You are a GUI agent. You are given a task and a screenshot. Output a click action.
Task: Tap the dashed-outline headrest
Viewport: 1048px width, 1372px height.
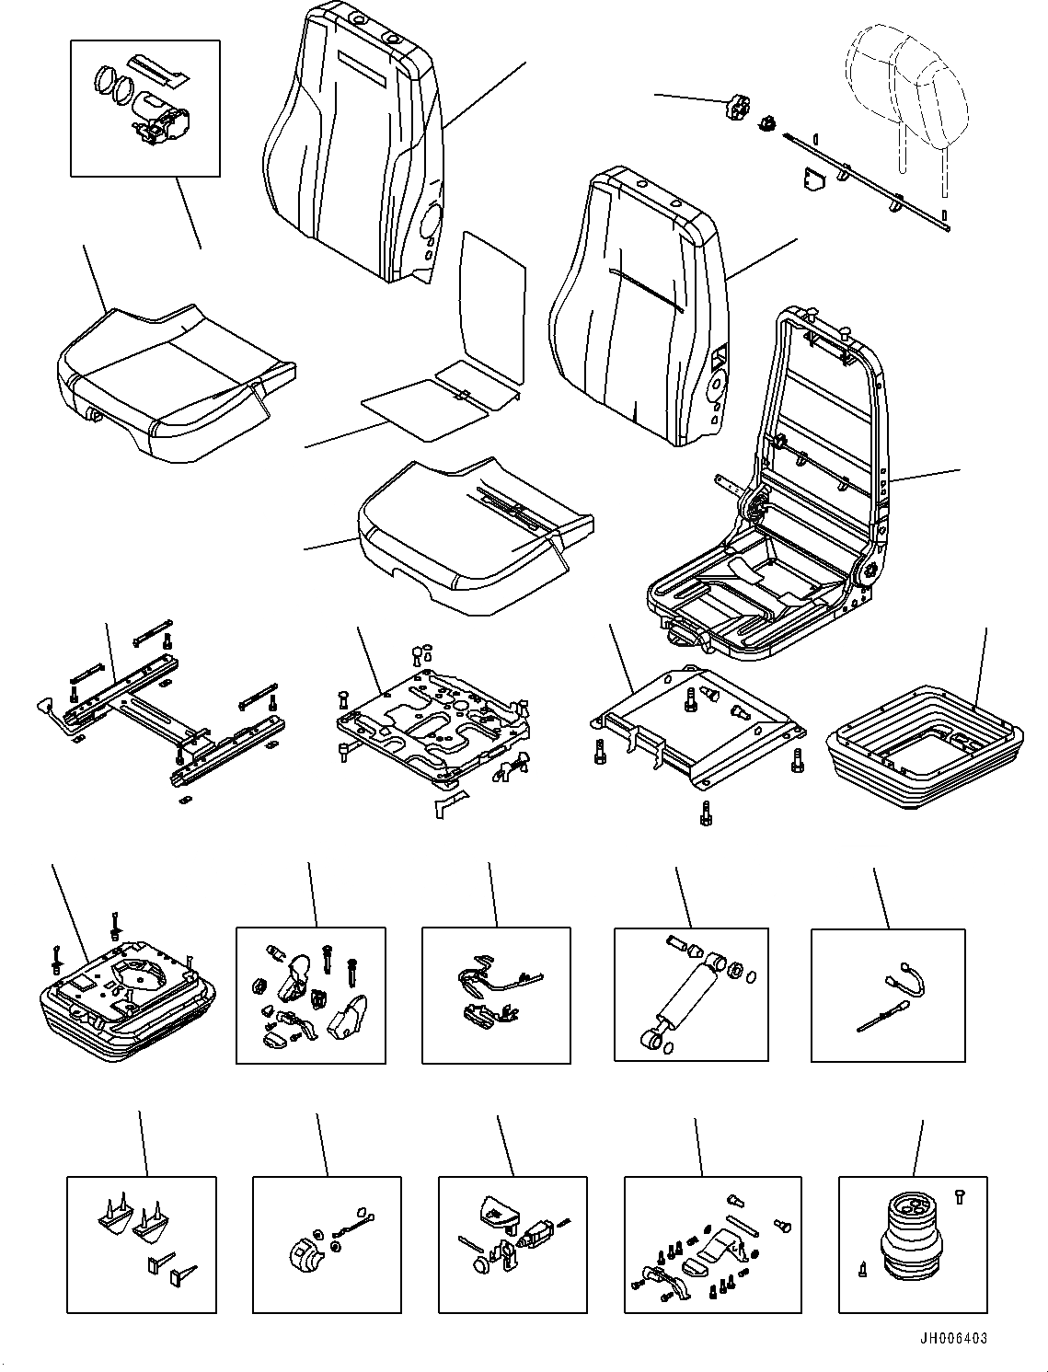click(x=906, y=91)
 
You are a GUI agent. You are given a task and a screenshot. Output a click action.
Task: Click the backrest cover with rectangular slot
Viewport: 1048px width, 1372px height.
click(x=354, y=147)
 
